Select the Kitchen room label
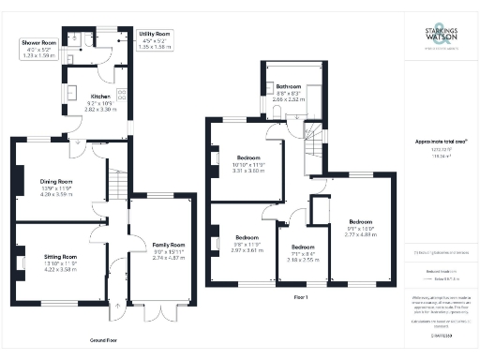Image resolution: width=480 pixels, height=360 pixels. (100, 97)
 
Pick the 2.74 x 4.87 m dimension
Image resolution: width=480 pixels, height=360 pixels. (170, 257)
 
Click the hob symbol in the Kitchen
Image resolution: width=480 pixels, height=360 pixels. (121, 94)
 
